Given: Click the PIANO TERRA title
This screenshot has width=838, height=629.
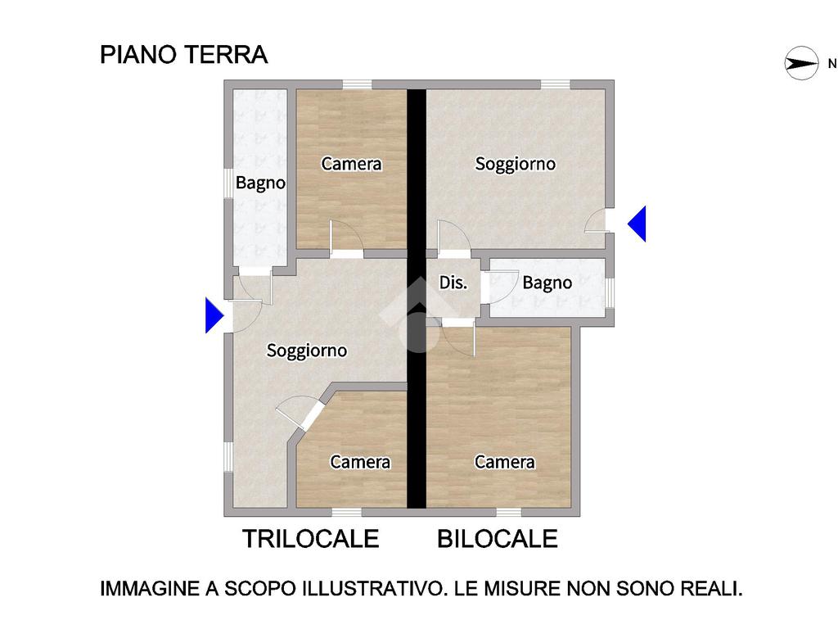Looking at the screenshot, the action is tap(184, 55).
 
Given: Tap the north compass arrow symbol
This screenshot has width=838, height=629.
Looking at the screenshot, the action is tap(801, 63).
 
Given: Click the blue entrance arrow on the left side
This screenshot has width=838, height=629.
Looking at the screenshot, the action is tap(214, 315).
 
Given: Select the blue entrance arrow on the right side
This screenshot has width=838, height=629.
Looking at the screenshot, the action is tap(637, 224).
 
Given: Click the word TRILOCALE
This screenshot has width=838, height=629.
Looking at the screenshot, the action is tap(310, 539).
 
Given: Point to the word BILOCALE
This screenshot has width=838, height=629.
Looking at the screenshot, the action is tap(498, 539).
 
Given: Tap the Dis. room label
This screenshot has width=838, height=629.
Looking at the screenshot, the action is tap(453, 283).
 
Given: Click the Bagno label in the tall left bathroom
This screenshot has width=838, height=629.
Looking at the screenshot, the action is tap(260, 183).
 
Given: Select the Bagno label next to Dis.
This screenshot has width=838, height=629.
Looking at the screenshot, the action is tap(547, 283).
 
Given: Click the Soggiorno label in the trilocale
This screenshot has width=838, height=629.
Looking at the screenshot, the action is tap(307, 351).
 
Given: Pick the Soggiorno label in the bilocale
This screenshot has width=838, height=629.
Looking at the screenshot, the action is tap(516, 164).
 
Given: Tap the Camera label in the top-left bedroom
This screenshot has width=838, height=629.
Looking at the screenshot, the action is tap(351, 164).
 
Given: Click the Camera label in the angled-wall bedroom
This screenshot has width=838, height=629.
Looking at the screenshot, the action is tap(360, 462).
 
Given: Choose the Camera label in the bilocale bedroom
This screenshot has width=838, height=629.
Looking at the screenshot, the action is tap(504, 462).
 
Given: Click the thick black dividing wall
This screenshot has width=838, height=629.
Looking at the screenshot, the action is tap(417, 298).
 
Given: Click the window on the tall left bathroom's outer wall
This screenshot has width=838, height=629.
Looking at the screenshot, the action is tap(228, 183).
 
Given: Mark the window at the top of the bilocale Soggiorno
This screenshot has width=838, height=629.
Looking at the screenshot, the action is tap(556, 84).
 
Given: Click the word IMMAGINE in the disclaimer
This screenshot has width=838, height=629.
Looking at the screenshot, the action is tap(149, 588).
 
